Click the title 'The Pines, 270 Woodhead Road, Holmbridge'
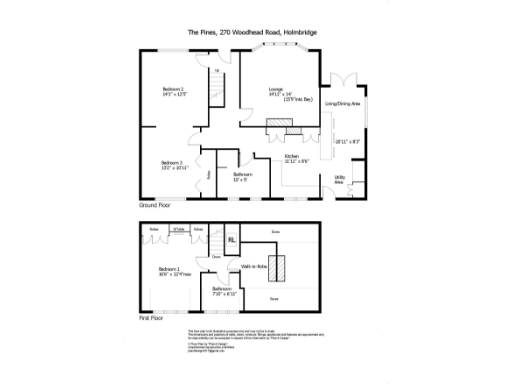click(255, 31)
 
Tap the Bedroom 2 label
click(175, 90)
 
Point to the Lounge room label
click(275, 90)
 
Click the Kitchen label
click(292, 157)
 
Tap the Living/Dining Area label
click(342, 103)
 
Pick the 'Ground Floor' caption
click(155, 204)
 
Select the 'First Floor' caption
click(149, 319)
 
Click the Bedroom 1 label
click(169, 269)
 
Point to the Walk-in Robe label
click(252, 266)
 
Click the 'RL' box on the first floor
click(231, 240)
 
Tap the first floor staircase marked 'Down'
click(215, 249)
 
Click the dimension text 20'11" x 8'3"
click(347, 140)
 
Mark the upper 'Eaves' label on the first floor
click(276, 231)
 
